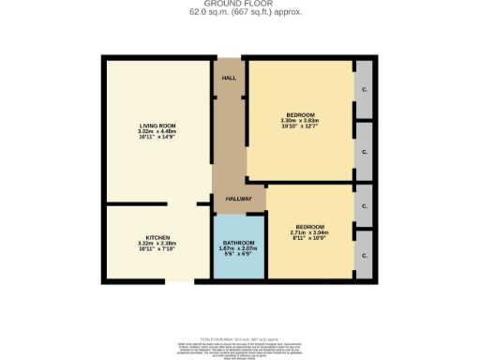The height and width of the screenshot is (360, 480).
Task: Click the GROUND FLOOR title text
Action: pos(239,5)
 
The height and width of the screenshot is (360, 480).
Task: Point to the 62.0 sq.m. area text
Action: pos(239,12)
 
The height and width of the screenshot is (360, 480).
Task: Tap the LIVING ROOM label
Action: pos(157,126)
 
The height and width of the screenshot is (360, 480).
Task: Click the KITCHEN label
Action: pos(157,237)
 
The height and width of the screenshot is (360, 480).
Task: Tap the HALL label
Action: pos(229,78)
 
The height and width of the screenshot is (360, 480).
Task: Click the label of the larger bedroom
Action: pos(300,114)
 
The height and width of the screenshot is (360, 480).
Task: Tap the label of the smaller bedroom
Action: pos(310,228)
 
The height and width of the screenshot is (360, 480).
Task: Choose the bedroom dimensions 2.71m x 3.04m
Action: pos(310,233)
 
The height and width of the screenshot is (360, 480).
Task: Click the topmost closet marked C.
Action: pos(364,89)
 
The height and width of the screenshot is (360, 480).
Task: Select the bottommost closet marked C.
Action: pos(364,254)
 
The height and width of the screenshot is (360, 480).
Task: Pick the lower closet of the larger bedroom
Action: pos(364,149)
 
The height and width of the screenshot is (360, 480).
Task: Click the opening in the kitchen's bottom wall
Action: pos(179,279)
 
